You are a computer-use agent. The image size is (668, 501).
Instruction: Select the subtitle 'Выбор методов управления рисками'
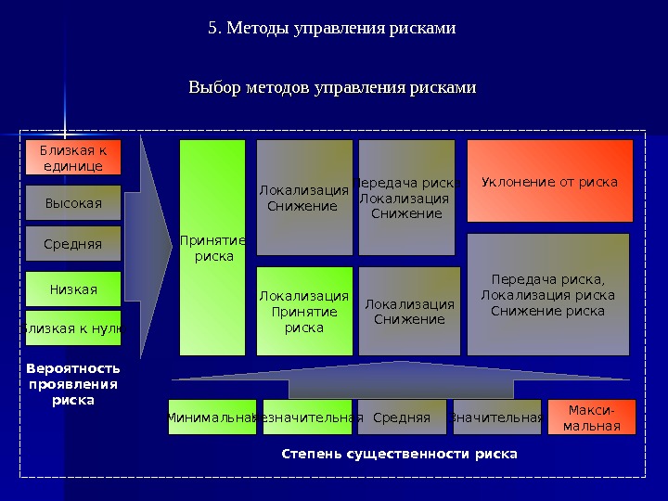[x=332, y=88]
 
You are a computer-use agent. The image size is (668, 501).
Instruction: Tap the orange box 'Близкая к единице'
[x=73, y=158]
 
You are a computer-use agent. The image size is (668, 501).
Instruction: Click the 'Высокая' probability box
[x=73, y=202]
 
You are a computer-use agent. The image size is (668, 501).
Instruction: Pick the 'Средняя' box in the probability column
[x=73, y=244]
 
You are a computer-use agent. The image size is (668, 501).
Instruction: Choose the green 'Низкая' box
[x=73, y=289]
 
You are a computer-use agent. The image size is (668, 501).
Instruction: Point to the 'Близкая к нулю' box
[x=73, y=328]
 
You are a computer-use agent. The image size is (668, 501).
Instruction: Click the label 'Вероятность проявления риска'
[x=73, y=385]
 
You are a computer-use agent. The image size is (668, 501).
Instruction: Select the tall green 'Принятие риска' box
[x=212, y=248]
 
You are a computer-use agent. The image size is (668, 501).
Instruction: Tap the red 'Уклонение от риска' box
[x=549, y=182]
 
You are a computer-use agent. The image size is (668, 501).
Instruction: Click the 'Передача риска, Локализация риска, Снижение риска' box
[x=547, y=295]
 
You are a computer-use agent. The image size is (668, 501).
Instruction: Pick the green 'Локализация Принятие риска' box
[x=304, y=311]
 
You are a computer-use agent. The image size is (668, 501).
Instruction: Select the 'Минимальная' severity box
[x=212, y=417]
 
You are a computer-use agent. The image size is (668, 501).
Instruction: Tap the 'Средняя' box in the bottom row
[x=402, y=417]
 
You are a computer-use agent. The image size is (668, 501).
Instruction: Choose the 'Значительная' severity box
[x=496, y=417]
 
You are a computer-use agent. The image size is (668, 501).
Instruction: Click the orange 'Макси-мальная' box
[x=592, y=417]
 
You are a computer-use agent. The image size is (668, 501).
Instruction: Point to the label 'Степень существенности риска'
[x=399, y=455]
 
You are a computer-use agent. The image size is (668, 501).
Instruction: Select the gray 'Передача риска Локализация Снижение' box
[x=406, y=198]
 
